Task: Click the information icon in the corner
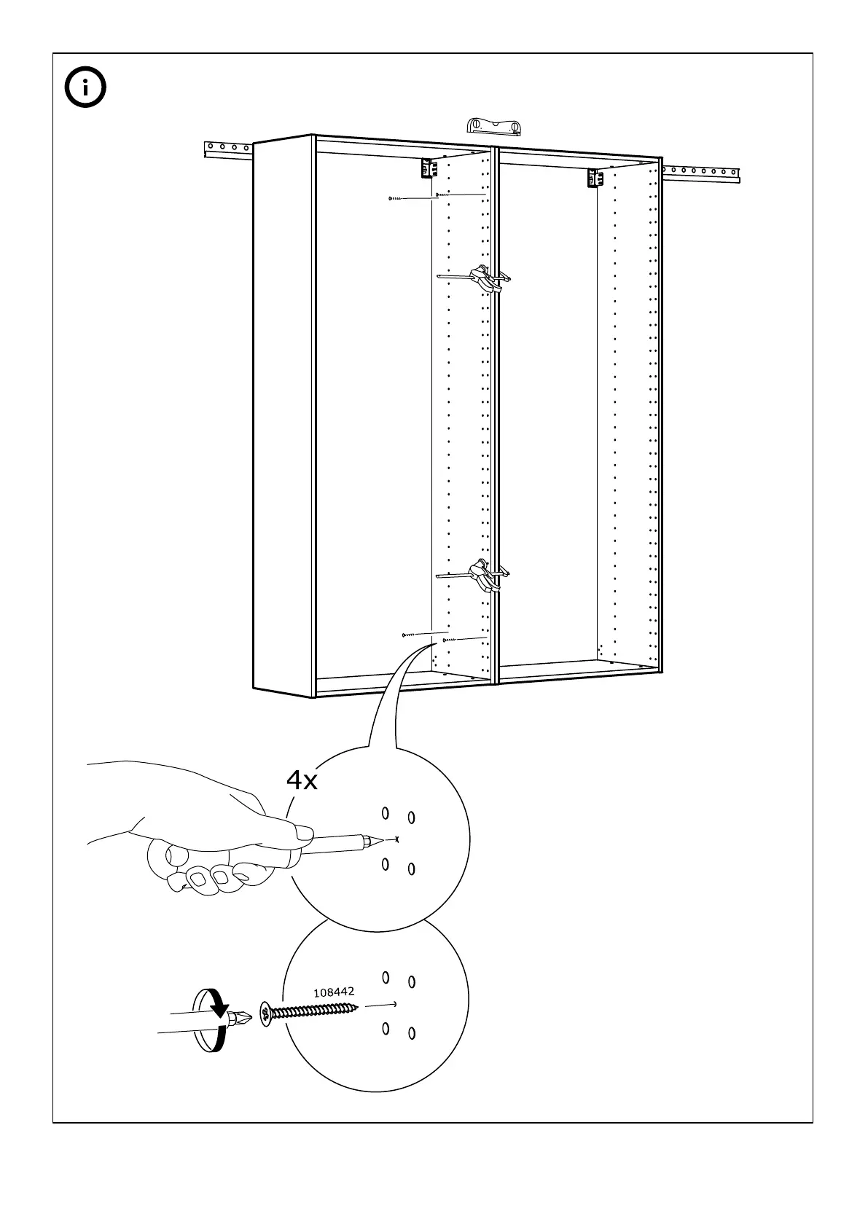(x=85, y=88)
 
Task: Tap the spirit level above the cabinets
(x=495, y=126)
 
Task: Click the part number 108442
(x=334, y=992)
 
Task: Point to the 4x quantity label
(x=302, y=781)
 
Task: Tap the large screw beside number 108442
(x=310, y=1012)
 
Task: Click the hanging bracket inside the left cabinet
(x=428, y=169)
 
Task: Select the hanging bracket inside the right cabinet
(x=595, y=178)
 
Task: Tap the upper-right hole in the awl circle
(x=412, y=818)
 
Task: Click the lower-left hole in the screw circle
(x=386, y=1028)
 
